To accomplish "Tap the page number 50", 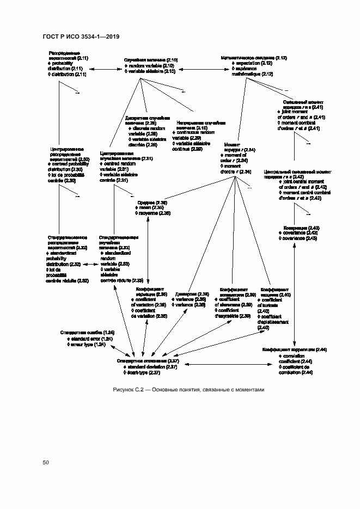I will pyautogui.click(x=46, y=462).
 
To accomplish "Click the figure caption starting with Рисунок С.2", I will pyautogui.click(x=188, y=389).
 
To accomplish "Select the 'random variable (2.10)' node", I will pyautogui.click(x=150, y=65).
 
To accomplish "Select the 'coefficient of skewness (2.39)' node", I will pyautogui.click(x=235, y=302).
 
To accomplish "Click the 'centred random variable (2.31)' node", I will pyautogui.click(x=126, y=169).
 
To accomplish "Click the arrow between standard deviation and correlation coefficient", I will pyautogui.click(x=229, y=364).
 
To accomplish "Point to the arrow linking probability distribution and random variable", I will pyautogui.click(x=104, y=69).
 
